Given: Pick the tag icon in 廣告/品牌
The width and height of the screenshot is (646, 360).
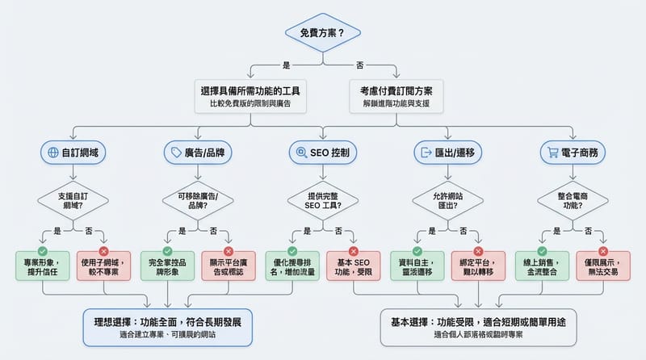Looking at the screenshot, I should coord(174,153).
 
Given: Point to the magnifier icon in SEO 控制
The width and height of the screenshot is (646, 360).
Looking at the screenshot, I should coord(301,153).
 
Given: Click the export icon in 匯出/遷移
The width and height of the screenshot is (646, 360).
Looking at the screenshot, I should coord(425,153).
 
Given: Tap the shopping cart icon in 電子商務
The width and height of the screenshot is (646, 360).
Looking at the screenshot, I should coord(553,153).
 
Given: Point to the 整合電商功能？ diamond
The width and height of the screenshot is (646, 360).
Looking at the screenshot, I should coord(573,199).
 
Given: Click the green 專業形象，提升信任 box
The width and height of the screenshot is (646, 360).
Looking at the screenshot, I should coord(43,266).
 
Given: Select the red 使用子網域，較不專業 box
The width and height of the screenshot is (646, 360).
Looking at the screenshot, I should coord(104,266).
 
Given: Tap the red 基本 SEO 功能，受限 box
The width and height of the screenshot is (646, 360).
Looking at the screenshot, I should coord(353,266).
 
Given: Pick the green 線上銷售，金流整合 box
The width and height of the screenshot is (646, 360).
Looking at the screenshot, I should coord(543,266).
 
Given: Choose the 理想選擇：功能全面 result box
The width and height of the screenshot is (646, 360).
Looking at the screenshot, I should coord(167,327).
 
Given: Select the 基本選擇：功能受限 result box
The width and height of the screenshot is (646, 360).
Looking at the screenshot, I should coord(478,327).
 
